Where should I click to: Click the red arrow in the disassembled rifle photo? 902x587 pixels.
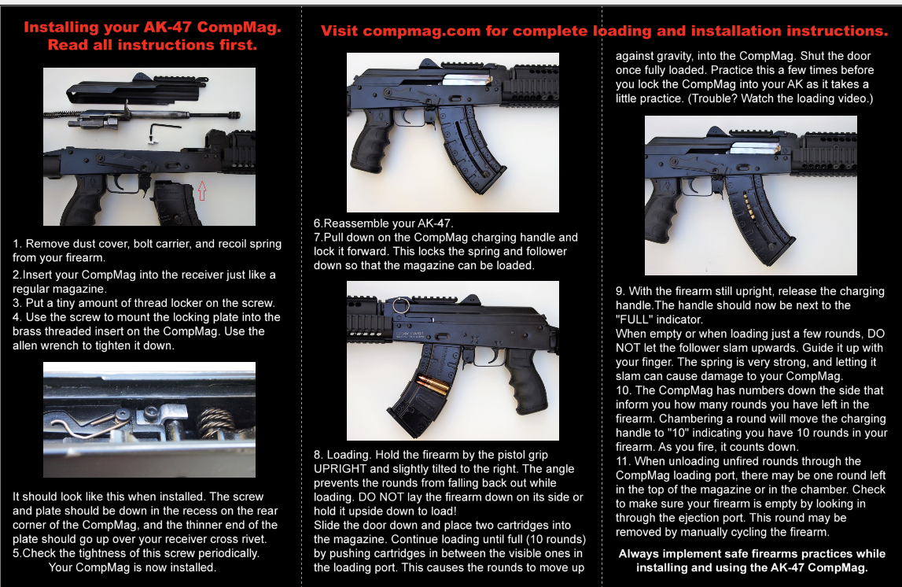click(x=202, y=190)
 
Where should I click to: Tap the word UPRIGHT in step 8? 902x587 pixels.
click(x=340, y=469)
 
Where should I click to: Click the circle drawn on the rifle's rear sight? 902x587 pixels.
click(x=402, y=305)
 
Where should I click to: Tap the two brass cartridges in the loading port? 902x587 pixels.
click(x=433, y=384)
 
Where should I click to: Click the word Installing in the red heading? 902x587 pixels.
click(x=61, y=27)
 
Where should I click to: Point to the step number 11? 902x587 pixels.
click(x=624, y=461)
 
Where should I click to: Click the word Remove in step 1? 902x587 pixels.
click(x=46, y=243)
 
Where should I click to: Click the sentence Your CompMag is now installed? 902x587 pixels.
click(x=132, y=567)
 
